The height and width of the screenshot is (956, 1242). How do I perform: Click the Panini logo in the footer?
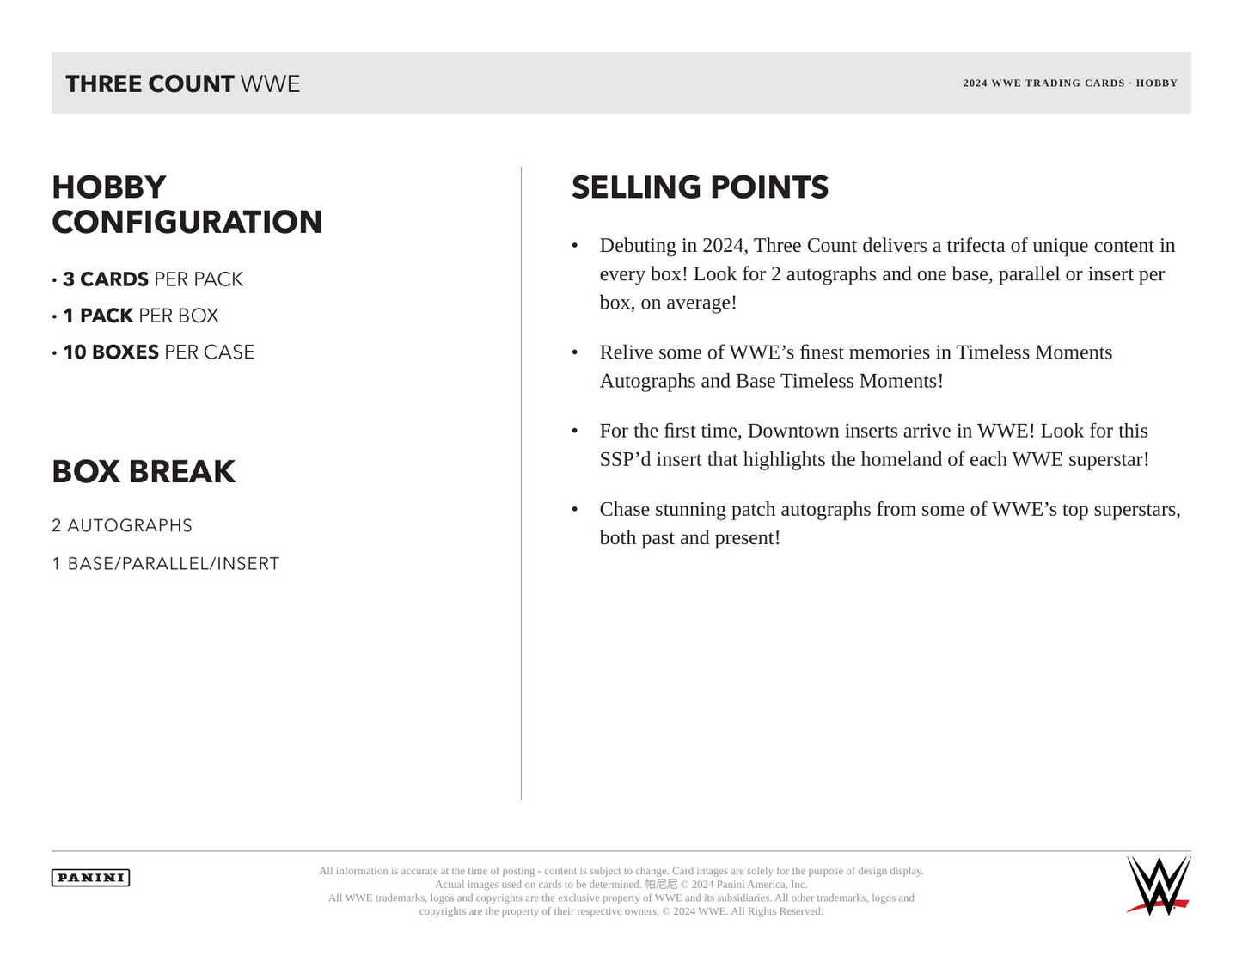(x=90, y=878)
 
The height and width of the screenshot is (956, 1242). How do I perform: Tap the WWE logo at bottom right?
(x=1158, y=886)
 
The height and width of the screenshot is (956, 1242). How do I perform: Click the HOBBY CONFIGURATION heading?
(x=187, y=205)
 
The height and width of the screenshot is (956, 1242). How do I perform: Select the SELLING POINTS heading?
(x=700, y=187)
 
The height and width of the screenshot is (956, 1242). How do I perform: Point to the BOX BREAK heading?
(x=144, y=472)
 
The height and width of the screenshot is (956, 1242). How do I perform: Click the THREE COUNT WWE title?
(x=183, y=84)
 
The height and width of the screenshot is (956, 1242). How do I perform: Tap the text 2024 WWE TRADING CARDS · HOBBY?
(x=1070, y=83)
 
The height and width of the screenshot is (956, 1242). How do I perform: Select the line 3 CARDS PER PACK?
(x=152, y=279)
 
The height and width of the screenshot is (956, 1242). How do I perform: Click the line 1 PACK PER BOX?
(x=140, y=316)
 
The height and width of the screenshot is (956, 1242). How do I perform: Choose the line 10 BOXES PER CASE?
(x=158, y=352)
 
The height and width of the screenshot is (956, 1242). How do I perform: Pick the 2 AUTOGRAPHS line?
(x=122, y=525)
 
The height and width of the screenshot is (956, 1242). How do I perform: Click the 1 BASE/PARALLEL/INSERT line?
(x=166, y=564)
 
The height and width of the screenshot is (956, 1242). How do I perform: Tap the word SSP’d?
(x=625, y=459)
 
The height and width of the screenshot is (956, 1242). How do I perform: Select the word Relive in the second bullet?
(x=627, y=352)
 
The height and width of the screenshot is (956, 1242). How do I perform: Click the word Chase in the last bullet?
(x=625, y=510)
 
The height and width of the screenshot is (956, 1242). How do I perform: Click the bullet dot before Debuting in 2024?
(x=575, y=247)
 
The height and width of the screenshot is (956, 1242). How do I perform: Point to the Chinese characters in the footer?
(x=661, y=884)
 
